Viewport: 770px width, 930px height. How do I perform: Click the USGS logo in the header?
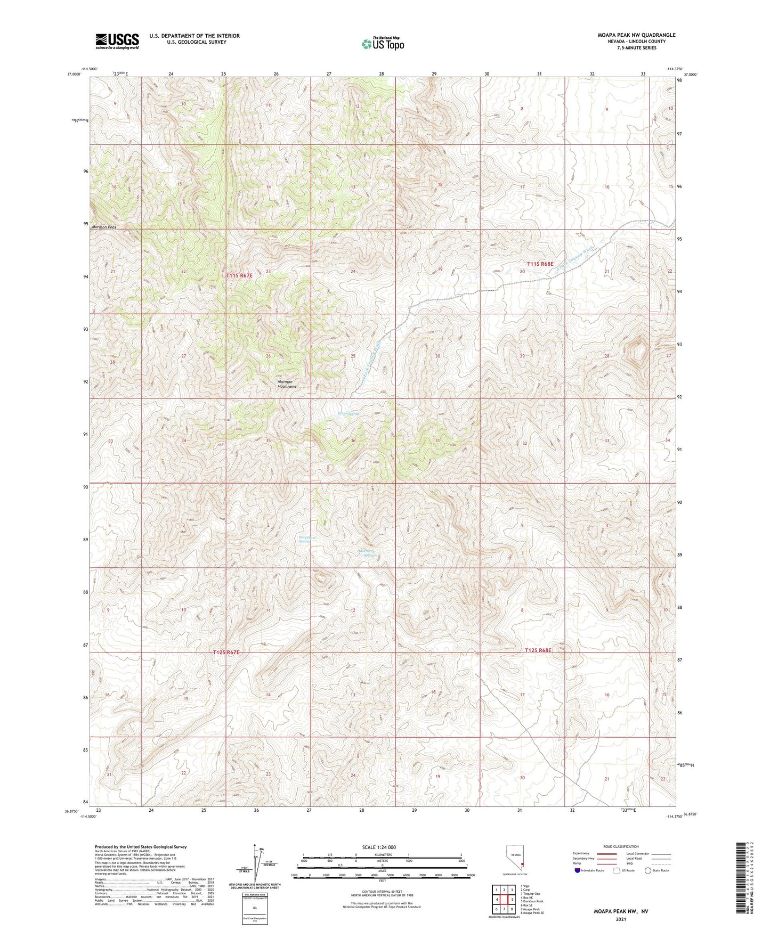(117, 41)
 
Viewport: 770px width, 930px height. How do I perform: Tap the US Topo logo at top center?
(383, 43)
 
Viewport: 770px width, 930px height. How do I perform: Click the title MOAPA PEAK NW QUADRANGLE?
(636, 35)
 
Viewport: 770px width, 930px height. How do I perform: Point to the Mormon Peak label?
(104, 227)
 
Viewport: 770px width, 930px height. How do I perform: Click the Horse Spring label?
(348, 413)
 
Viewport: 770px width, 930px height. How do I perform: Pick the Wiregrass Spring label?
(307, 539)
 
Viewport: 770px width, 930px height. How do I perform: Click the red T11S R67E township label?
(239, 276)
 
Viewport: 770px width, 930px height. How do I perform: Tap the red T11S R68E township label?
(540, 264)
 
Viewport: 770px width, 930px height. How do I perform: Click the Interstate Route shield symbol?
(578, 870)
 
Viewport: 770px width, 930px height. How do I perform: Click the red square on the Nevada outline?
(523, 864)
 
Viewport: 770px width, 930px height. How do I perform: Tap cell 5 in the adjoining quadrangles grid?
(512, 900)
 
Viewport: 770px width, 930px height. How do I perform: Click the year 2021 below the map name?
(620, 919)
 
